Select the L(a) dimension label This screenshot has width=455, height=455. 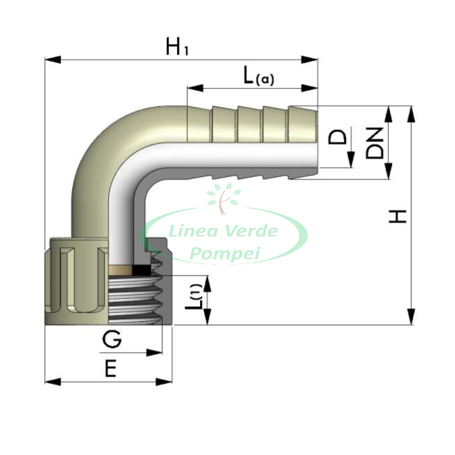click(258, 76)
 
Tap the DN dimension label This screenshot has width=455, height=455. click(375, 143)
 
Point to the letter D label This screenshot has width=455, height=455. click(337, 137)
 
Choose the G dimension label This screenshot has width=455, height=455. click(112, 339)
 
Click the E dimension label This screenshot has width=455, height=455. click(110, 369)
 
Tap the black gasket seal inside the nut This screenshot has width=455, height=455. click(141, 270)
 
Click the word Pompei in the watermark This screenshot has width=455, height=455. click(224, 253)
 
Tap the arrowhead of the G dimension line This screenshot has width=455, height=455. click(154, 353)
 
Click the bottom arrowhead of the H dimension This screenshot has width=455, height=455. click(410, 317)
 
